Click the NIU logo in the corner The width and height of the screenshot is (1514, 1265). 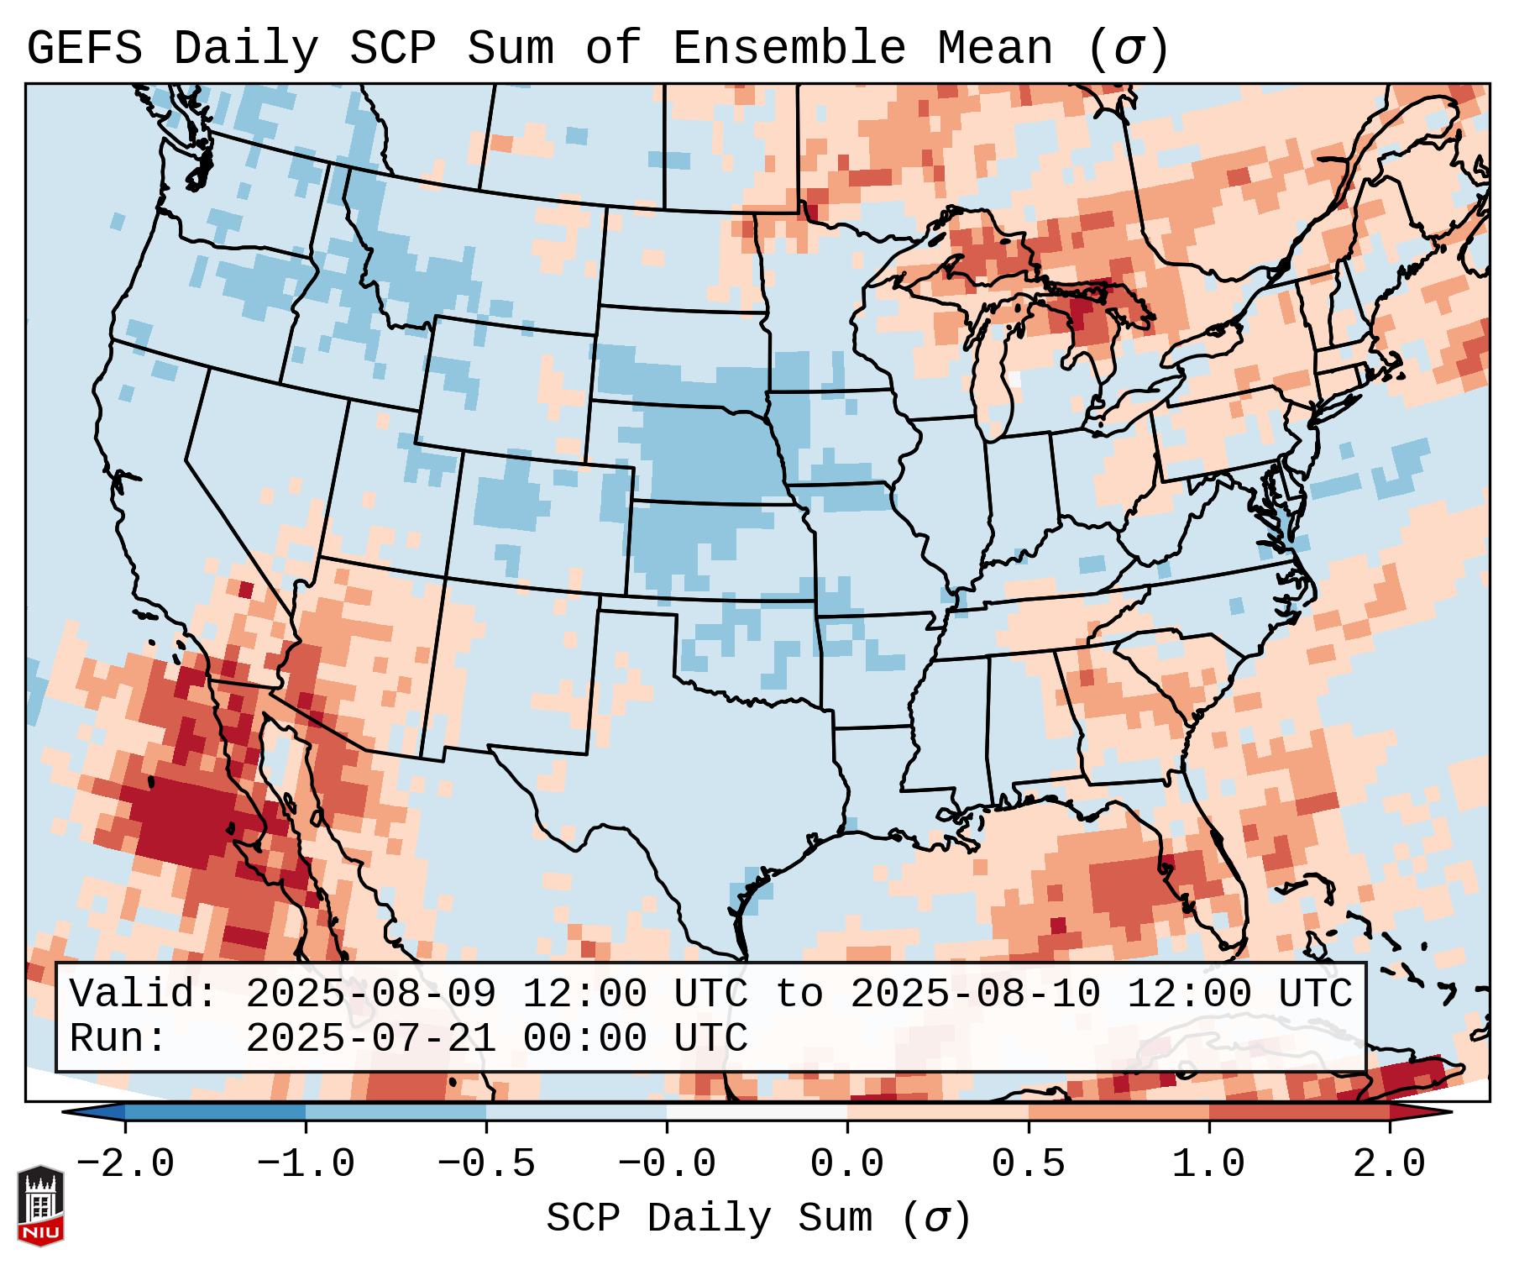pos(40,1205)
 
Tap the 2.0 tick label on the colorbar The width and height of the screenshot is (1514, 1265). pos(1389,1164)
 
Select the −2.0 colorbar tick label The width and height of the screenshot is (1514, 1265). pos(125,1164)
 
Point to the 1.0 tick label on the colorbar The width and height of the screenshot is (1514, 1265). pos(1208,1164)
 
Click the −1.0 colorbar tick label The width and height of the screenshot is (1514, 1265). pos(306,1164)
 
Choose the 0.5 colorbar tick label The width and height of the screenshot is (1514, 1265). pos(1028,1164)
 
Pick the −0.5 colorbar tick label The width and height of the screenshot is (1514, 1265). pos(486,1164)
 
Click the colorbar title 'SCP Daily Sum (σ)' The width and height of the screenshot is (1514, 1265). pos(758,1219)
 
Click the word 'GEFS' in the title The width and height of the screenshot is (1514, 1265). pos(85,49)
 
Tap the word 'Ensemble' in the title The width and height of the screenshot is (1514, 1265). pos(789,49)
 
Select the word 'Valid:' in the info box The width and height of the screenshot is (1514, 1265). pos(144,995)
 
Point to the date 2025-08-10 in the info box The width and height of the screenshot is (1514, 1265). pos(975,995)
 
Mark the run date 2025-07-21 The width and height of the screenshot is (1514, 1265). pos(370,1039)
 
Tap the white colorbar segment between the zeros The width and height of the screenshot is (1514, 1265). pos(757,1112)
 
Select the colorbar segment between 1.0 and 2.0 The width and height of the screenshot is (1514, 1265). pos(1298,1112)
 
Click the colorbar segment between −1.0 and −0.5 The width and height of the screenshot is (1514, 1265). pos(396,1112)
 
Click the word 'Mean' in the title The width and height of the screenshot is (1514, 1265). pos(995,49)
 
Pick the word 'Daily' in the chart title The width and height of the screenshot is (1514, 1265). pos(246,49)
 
